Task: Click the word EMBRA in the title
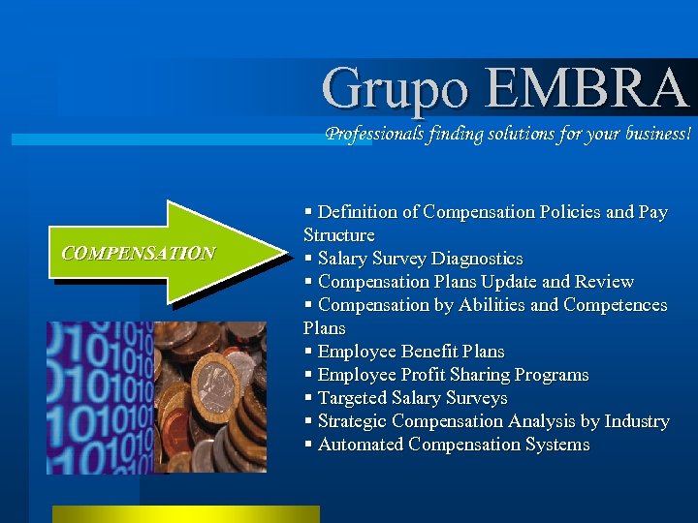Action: click(587, 87)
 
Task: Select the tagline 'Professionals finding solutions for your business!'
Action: click(508, 134)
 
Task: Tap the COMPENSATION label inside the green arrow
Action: click(138, 254)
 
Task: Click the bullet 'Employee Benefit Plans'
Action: click(411, 352)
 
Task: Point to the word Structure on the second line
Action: click(338, 235)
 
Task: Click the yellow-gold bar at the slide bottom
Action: click(185, 514)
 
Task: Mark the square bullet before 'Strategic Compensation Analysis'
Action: click(308, 421)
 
